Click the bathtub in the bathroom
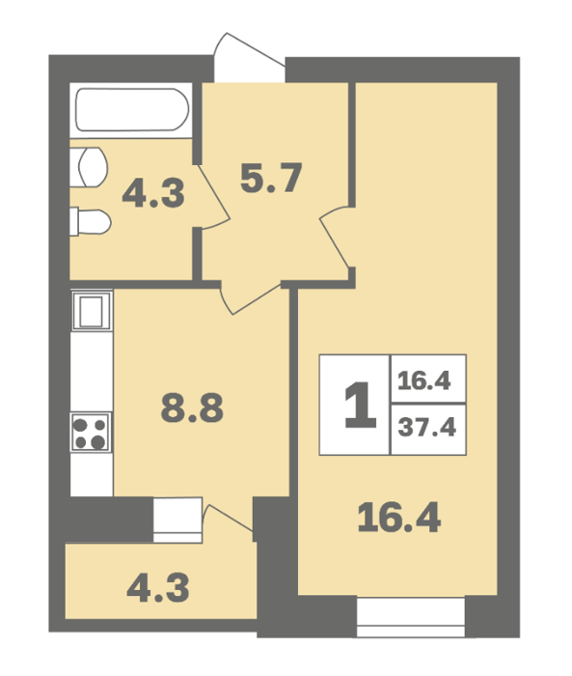(131, 109)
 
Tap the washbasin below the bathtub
(89, 167)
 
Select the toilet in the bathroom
(91, 221)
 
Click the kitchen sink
(92, 310)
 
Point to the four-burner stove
(91, 432)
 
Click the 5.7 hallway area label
(271, 178)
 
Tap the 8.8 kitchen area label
(192, 408)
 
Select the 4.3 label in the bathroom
(153, 193)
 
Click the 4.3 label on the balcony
(158, 588)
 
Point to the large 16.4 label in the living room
(399, 518)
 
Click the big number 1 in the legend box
(361, 405)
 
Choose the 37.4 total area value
(427, 428)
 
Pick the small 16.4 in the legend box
(424, 381)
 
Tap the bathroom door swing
(214, 196)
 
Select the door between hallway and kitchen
(251, 298)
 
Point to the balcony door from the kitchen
(228, 518)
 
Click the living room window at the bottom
(411, 616)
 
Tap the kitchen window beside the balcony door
(177, 520)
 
